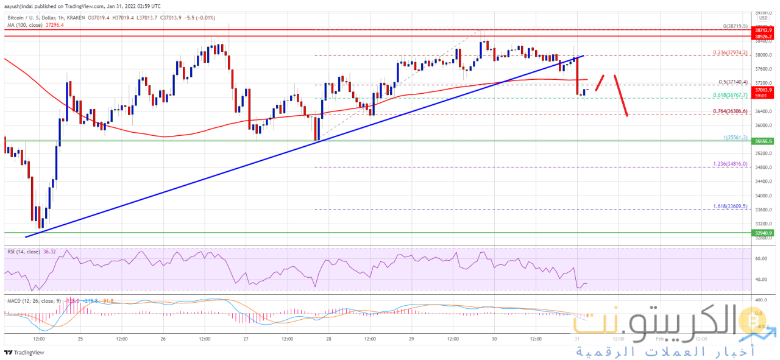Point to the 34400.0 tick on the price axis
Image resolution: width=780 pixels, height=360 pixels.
coord(764,182)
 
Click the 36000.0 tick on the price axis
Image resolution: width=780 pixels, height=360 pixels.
coord(764,125)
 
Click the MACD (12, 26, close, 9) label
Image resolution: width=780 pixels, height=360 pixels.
coord(34,300)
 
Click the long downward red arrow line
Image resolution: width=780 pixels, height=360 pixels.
coord(620,94)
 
